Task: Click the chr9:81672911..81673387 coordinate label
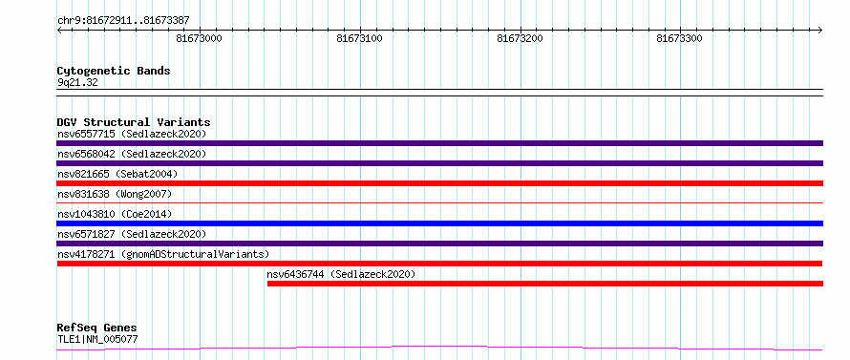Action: pyautogui.click(x=123, y=21)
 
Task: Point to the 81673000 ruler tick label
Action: pyautogui.click(x=200, y=38)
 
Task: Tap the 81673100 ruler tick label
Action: pyautogui.click(x=360, y=38)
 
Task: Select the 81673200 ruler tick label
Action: pyautogui.click(x=521, y=38)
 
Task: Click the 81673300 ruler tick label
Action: pyautogui.click(x=680, y=38)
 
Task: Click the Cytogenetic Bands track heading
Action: pyautogui.click(x=114, y=71)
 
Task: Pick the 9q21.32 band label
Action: pyautogui.click(x=77, y=83)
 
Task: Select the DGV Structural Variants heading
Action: pyautogui.click(x=134, y=122)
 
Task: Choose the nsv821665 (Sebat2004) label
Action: pyautogui.click(x=117, y=174)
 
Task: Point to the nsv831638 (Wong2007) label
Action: pyautogui.click(x=115, y=194)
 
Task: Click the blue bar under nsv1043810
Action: pyautogui.click(x=439, y=223)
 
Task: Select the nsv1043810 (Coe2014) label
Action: pyautogui.click(x=115, y=214)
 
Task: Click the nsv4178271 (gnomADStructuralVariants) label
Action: pyautogui.click(x=163, y=254)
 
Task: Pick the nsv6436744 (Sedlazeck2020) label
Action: pyautogui.click(x=342, y=274)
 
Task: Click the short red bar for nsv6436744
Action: pyautogui.click(x=545, y=284)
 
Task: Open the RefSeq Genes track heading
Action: pyautogui.click(x=97, y=328)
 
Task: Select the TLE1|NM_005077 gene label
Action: pyautogui.click(x=97, y=340)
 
